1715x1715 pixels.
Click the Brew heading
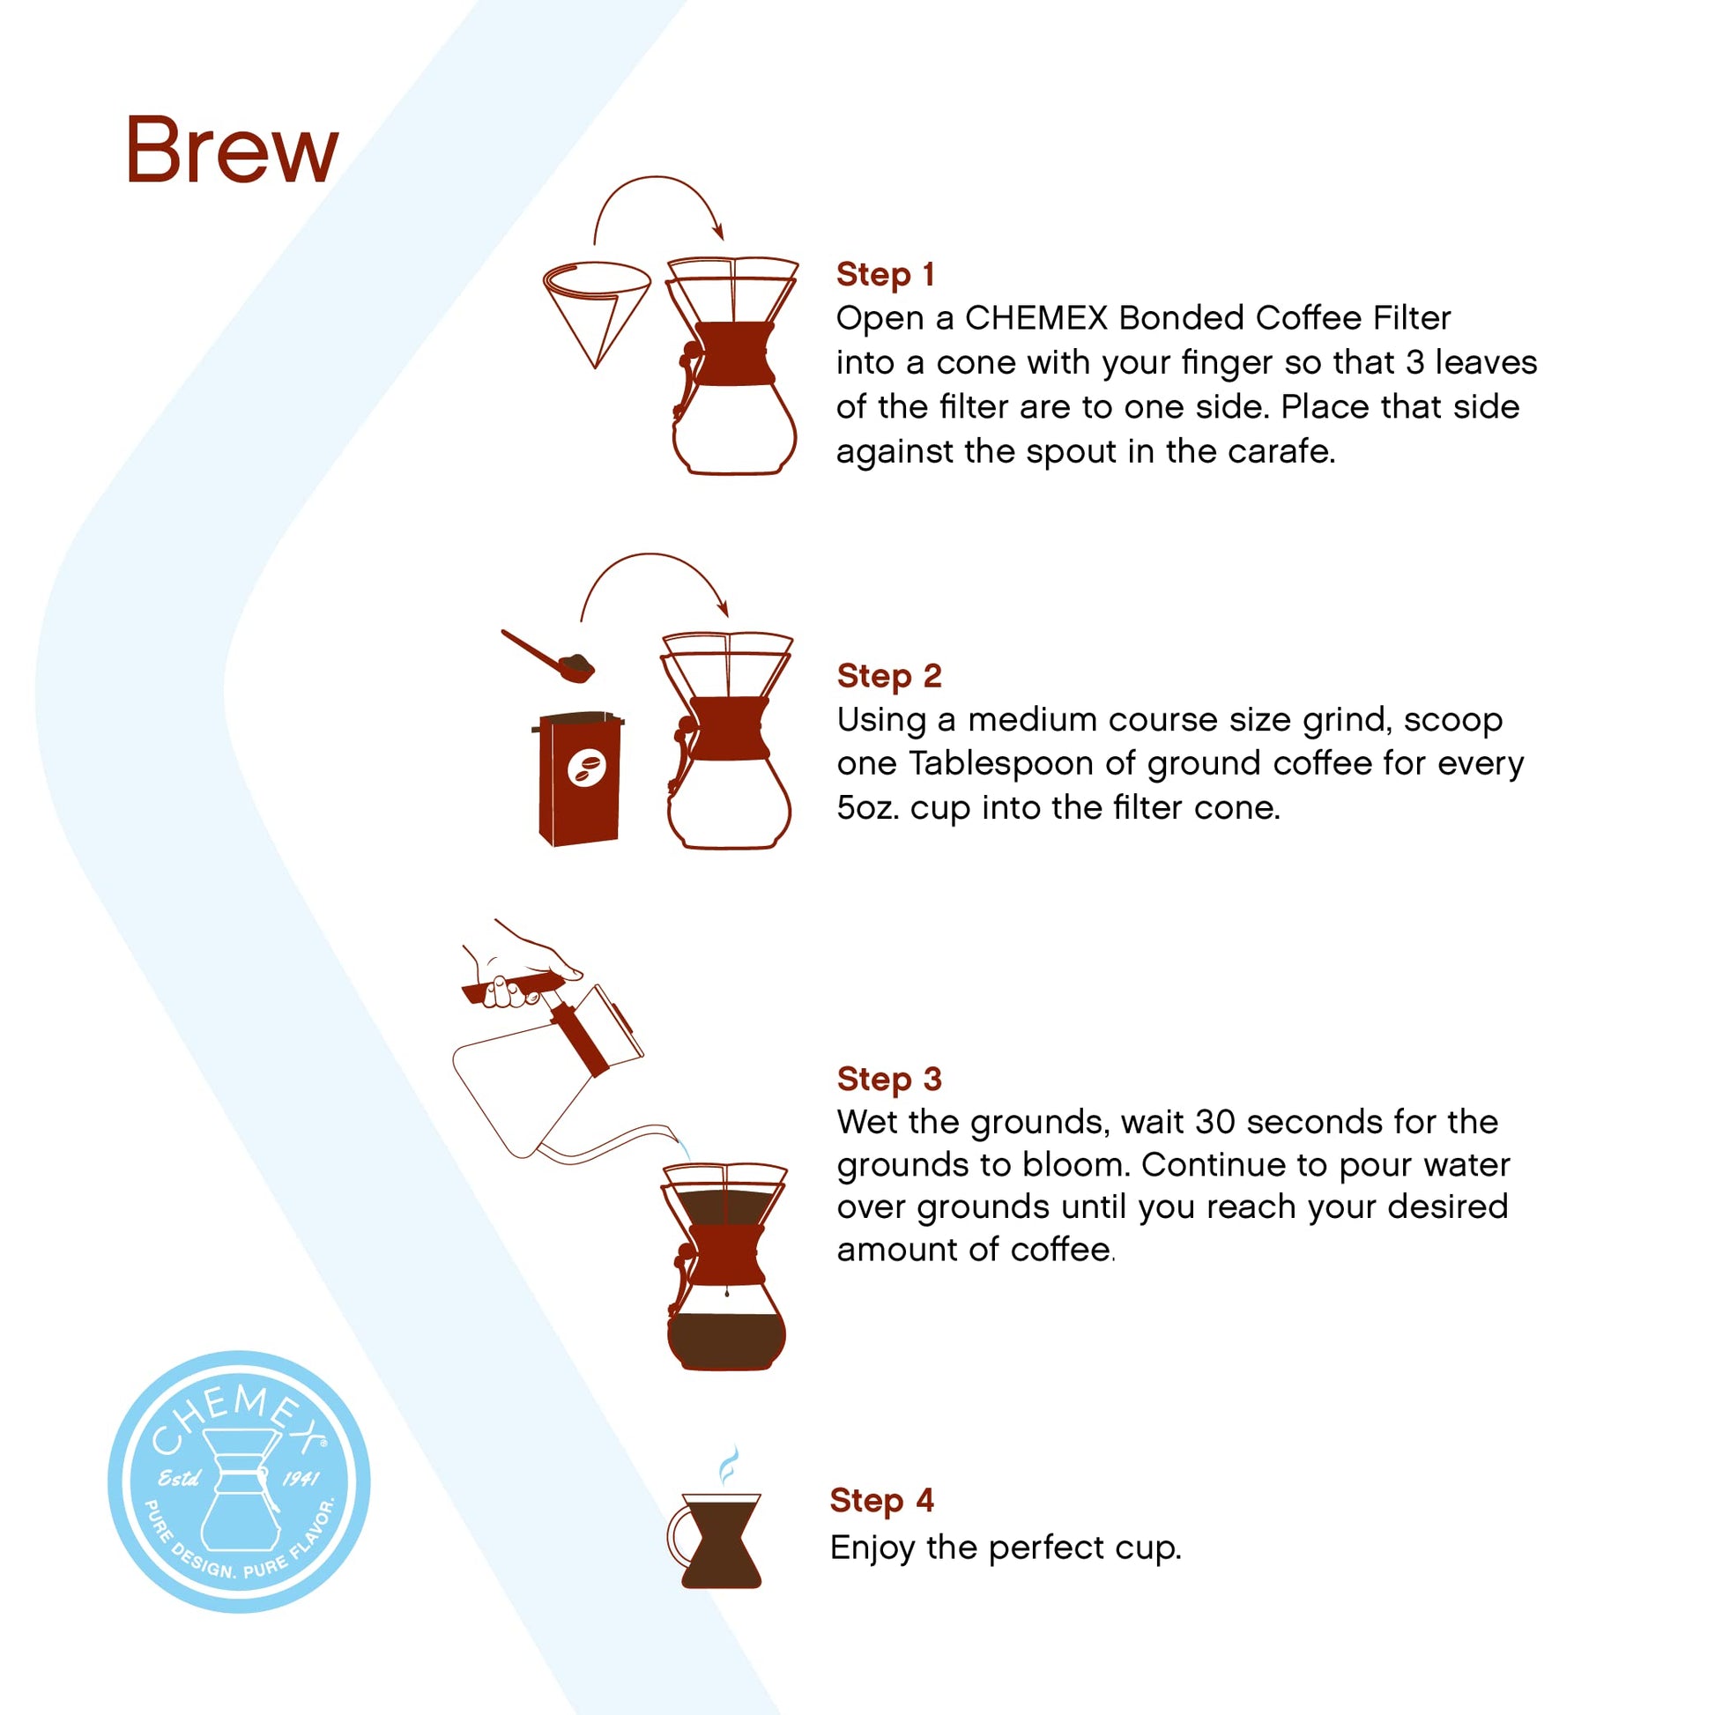[232, 150]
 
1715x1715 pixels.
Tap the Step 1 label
[885, 274]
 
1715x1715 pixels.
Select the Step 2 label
[888, 676]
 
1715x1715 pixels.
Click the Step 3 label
[888, 1079]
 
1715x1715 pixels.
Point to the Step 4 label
[881, 1500]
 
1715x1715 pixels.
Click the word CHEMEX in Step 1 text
[1036, 318]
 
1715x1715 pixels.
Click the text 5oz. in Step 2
[867, 807]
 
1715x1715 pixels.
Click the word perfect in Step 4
[1047, 1548]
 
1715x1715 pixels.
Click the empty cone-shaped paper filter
[596, 307]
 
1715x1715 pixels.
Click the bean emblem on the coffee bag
[587, 767]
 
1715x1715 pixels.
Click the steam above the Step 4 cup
[727, 1464]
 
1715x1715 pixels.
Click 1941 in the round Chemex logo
[301, 1479]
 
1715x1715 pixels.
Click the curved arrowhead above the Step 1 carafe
[719, 232]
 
